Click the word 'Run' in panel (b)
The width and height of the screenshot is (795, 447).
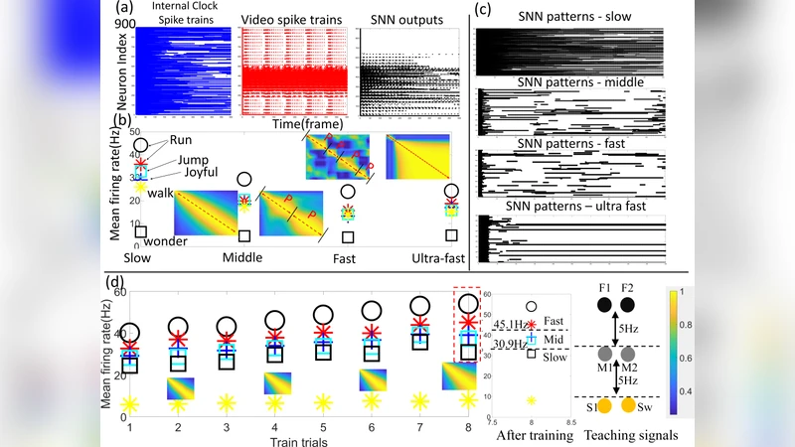click(180, 140)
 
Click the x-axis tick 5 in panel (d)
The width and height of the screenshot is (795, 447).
click(322, 425)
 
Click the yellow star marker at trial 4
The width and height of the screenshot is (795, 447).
click(274, 402)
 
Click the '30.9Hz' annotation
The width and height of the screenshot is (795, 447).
click(510, 343)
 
